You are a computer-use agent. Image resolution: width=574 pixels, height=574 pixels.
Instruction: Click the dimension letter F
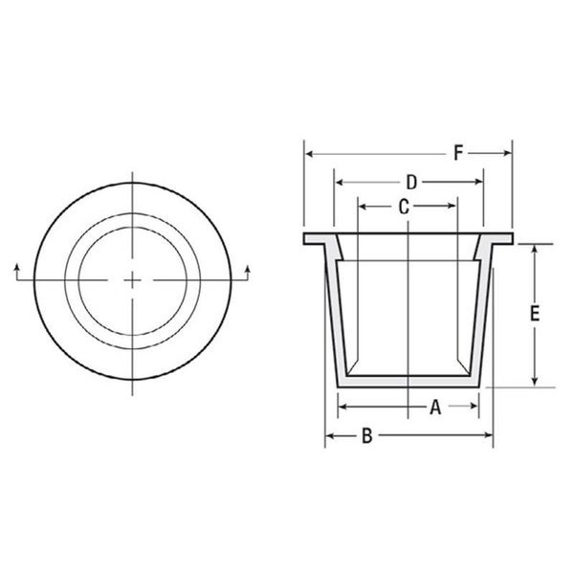[x=458, y=153]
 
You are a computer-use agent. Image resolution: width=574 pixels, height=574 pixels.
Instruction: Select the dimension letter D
[x=411, y=182]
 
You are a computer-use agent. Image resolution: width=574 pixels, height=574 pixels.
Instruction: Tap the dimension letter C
[x=404, y=207]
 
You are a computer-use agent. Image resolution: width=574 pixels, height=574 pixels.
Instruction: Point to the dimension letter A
[x=435, y=408]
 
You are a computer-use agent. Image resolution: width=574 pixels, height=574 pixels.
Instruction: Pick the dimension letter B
[x=366, y=435]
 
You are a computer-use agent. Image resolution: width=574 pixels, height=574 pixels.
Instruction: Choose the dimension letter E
[x=535, y=314]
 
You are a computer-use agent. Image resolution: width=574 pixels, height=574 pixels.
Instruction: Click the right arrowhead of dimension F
[x=507, y=153]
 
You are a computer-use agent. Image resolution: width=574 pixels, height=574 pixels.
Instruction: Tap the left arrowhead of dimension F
[x=310, y=154]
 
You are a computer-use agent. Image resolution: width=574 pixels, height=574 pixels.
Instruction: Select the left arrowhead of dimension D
[x=340, y=182]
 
